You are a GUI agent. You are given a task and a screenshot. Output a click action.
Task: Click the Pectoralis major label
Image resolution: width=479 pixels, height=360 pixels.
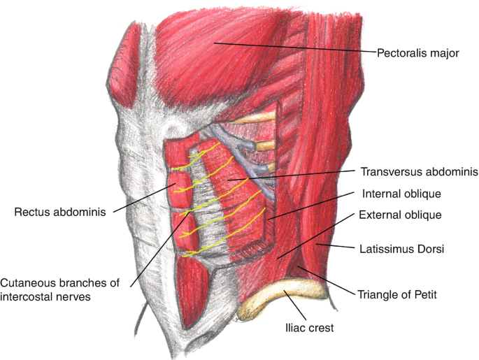pyautogui.click(x=417, y=52)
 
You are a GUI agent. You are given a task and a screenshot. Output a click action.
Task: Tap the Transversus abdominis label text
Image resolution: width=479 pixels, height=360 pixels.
pyautogui.click(x=419, y=171)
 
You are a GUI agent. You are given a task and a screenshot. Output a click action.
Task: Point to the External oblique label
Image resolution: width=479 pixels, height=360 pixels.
pyautogui.click(x=400, y=215)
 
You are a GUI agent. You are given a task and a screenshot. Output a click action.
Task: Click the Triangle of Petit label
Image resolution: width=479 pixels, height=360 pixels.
pyautogui.click(x=396, y=294)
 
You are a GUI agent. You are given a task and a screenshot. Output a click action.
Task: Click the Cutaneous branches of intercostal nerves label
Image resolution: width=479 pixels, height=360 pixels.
pyautogui.click(x=59, y=289)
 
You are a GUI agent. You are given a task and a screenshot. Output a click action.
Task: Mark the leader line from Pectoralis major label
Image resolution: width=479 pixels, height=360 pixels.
pyautogui.click(x=294, y=48)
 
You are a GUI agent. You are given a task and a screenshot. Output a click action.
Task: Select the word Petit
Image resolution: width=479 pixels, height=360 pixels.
pyautogui.click(x=423, y=294)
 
